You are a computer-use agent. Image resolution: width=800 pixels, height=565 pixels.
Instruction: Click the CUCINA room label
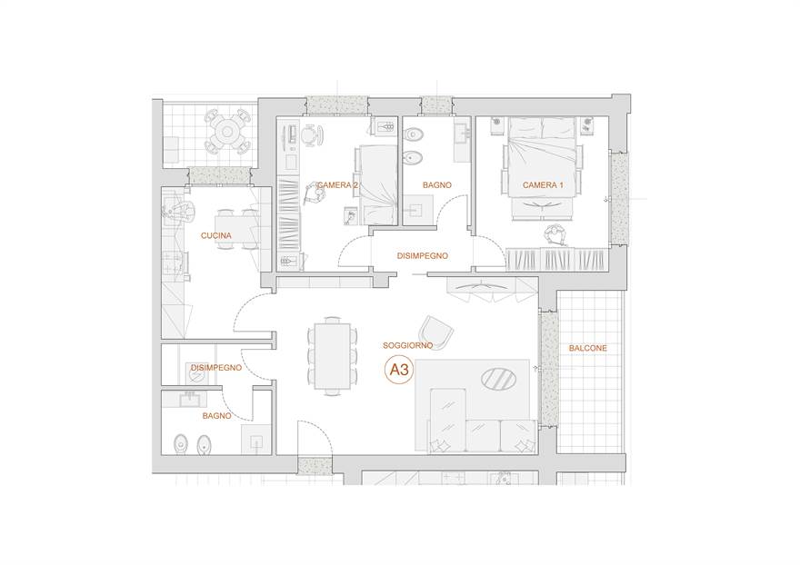click(x=215, y=235)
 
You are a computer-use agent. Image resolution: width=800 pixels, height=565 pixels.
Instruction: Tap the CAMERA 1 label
click(x=543, y=185)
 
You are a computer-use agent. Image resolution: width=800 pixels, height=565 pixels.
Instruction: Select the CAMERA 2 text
click(x=337, y=185)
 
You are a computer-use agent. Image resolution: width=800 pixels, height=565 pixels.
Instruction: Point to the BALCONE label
click(x=588, y=348)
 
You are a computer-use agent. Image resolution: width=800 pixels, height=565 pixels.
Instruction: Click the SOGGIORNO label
click(x=407, y=345)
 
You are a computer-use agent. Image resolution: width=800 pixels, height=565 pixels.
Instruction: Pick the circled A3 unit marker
click(x=399, y=369)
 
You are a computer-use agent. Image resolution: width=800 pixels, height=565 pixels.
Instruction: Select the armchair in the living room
click(x=435, y=332)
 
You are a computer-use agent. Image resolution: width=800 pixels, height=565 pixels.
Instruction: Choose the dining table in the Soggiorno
click(x=332, y=355)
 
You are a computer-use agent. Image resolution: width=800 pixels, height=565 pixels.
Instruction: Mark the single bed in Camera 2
click(x=378, y=184)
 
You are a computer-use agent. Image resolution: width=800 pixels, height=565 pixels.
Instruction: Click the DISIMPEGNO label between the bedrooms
click(x=423, y=255)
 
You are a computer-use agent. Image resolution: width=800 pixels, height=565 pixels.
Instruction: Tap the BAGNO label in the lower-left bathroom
click(x=217, y=416)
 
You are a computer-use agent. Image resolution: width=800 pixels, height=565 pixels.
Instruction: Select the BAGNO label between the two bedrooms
click(x=436, y=185)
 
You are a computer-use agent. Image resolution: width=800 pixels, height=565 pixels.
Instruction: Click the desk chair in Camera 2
click(x=311, y=135)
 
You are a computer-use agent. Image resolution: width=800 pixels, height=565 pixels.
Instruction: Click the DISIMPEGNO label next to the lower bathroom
click(x=216, y=367)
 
